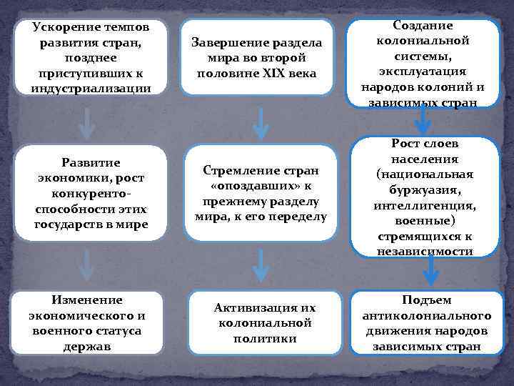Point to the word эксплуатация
422,71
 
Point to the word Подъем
426,300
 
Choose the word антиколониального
426,316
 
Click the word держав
85,347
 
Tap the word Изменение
85,300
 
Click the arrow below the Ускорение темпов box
87,124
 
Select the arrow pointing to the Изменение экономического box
86,265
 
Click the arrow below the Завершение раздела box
261,124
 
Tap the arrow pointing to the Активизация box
261,265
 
